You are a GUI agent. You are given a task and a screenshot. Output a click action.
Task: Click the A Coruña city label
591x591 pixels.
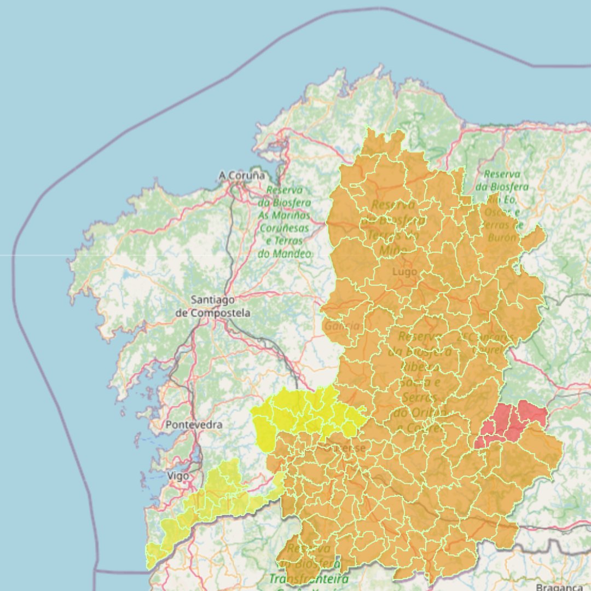point(241,176)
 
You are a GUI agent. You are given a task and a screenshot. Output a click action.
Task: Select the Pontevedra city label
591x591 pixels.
point(194,425)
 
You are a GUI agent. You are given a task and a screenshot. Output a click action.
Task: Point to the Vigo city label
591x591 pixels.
point(178,476)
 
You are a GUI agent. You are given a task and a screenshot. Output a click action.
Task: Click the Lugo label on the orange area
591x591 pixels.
point(405,271)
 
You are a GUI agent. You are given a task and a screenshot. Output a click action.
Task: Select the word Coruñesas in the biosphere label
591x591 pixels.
point(284,228)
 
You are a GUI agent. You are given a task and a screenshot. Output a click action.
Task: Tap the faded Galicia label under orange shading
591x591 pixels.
point(343,326)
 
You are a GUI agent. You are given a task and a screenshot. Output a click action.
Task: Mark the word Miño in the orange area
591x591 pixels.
point(393,250)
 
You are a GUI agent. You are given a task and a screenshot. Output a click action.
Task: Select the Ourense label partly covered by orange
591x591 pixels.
point(343,448)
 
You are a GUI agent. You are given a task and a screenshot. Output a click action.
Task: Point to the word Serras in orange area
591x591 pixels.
point(418,397)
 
